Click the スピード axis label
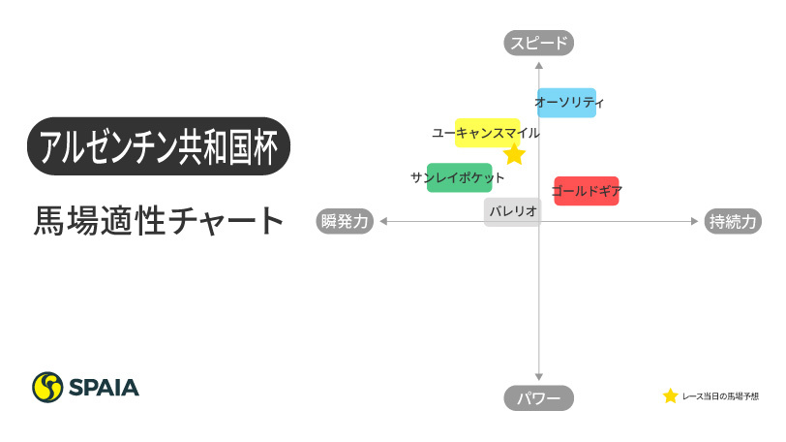coord(539,42)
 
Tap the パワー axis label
coord(539,398)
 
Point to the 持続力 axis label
coord(733,221)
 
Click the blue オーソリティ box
coord(566,103)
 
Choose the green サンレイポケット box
coord(459,177)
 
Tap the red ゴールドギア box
coord(586,191)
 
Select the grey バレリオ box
coord(511,212)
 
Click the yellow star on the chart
coord(514,155)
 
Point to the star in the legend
coord(670,395)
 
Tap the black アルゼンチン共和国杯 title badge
coord(159,146)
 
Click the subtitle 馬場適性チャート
coord(159,221)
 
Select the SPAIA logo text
coord(104,388)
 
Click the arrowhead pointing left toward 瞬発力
coord(383,221)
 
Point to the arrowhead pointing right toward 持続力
coord(693,221)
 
